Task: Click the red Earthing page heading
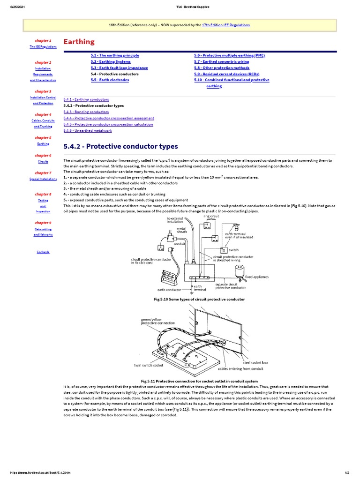click(79, 42)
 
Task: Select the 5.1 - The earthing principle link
click(114, 55)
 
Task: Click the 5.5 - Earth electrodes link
click(110, 80)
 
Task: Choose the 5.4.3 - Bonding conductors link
click(86, 112)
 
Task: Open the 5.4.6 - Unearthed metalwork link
click(87, 131)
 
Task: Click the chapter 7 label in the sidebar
click(43, 173)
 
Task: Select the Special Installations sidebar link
click(43, 179)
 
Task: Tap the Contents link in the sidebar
click(43, 252)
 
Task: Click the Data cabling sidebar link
click(43, 229)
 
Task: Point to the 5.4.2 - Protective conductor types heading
click(120, 146)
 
